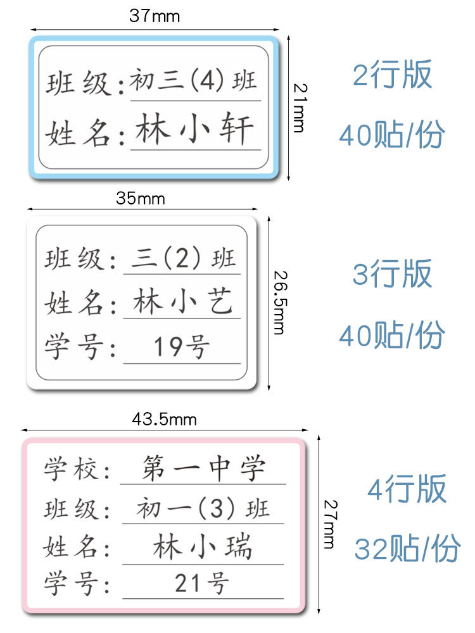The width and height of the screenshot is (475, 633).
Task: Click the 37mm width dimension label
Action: point(155,16)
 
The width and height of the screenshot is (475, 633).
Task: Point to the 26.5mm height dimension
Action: point(279,302)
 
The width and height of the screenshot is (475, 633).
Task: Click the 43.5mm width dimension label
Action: point(164,419)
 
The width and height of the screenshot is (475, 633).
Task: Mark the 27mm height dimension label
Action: point(329,524)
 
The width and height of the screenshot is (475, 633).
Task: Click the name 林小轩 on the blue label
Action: point(194,130)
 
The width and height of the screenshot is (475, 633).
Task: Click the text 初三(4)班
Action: point(194,82)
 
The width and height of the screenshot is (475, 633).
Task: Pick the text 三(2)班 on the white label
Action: point(183,258)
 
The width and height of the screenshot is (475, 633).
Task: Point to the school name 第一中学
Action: point(203,469)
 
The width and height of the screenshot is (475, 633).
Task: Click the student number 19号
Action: point(182,347)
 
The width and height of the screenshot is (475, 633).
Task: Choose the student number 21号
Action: point(202,584)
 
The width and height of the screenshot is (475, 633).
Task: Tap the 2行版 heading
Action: point(392,75)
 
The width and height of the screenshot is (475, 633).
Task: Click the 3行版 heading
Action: point(392,273)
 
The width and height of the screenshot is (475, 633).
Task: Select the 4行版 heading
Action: point(407,489)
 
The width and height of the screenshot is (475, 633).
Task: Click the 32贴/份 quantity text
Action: point(407,549)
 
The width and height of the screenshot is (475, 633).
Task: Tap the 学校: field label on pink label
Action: point(77,470)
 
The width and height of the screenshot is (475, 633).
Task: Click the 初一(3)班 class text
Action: point(203,508)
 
